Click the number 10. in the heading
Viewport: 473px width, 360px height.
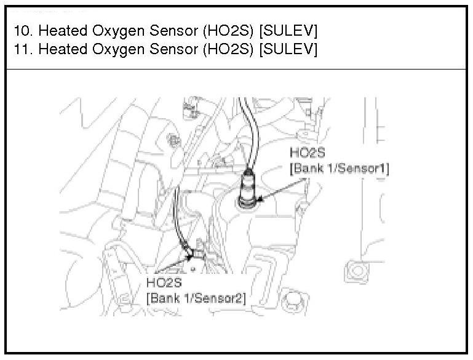pyautogui.click(x=23, y=31)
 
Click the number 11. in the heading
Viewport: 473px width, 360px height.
pyautogui.click(x=23, y=49)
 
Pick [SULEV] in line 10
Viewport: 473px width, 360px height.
pyautogui.click(x=288, y=31)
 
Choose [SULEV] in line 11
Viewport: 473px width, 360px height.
pyautogui.click(x=288, y=49)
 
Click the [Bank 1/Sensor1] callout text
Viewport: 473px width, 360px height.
pyautogui.click(x=339, y=167)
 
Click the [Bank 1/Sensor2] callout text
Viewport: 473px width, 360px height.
pyautogui.click(x=196, y=298)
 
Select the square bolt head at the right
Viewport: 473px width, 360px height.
pyautogui.click(x=354, y=270)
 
